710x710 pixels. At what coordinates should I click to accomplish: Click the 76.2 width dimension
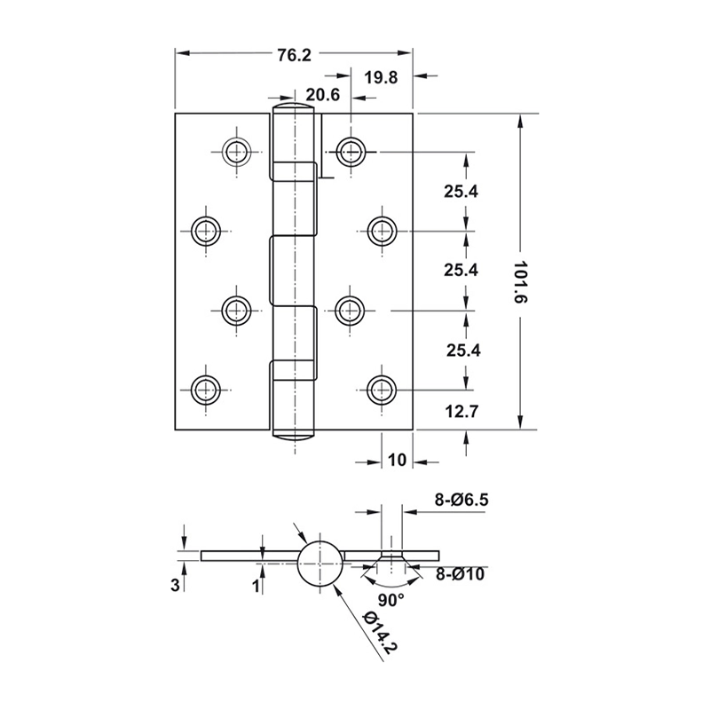(x=295, y=55)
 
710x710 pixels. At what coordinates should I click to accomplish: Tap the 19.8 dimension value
(x=382, y=78)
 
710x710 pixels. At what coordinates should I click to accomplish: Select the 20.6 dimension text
(x=322, y=95)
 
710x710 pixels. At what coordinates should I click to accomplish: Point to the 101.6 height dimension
(x=522, y=282)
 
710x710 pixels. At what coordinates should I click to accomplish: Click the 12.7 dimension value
(x=461, y=412)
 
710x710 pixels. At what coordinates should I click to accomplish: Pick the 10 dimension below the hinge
(x=397, y=460)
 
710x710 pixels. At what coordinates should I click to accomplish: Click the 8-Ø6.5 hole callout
(x=461, y=500)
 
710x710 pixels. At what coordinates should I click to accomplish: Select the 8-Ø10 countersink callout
(x=460, y=574)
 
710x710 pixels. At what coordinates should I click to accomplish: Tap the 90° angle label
(x=391, y=600)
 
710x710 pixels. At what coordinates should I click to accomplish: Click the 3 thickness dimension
(x=175, y=585)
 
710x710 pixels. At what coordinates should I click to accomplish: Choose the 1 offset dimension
(x=256, y=586)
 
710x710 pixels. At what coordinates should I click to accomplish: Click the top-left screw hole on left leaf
(x=236, y=152)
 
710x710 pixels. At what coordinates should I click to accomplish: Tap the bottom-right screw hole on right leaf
(x=382, y=390)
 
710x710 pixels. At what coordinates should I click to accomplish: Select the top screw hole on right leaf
(x=351, y=152)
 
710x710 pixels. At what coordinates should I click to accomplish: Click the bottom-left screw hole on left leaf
(x=206, y=390)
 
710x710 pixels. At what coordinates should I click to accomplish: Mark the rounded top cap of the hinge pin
(x=295, y=107)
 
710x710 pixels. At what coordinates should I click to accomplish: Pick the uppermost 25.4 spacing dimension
(x=461, y=192)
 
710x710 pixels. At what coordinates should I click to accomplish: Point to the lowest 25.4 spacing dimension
(x=463, y=350)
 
